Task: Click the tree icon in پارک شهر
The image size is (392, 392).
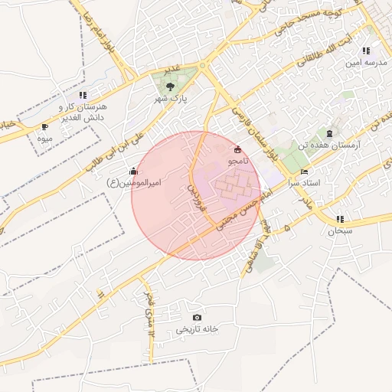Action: (x=169, y=86)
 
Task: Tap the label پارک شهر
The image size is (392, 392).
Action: (x=174, y=99)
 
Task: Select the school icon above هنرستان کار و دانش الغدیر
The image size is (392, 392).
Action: (x=83, y=95)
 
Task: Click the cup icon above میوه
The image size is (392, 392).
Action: (x=44, y=126)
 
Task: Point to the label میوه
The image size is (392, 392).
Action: (x=44, y=139)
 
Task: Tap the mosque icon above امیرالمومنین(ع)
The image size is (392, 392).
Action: (x=134, y=170)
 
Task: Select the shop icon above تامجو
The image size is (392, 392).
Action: (x=237, y=149)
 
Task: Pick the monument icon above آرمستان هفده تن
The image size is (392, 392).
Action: (x=329, y=132)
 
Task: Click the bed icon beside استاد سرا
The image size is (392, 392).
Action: (x=304, y=171)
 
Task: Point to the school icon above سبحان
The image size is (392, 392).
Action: (x=340, y=218)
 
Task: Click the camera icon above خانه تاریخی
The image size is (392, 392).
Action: (x=197, y=317)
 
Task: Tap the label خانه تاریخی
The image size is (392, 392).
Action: (x=197, y=329)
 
